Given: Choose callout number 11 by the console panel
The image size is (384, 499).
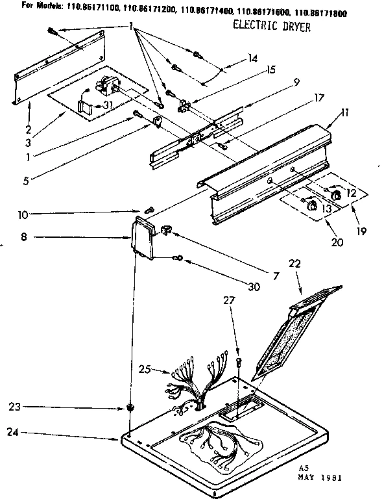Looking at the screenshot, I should coord(344,113).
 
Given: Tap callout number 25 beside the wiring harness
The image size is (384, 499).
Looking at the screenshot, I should coord(145,370).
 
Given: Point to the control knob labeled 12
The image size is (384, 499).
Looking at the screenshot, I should coord(336,196).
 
